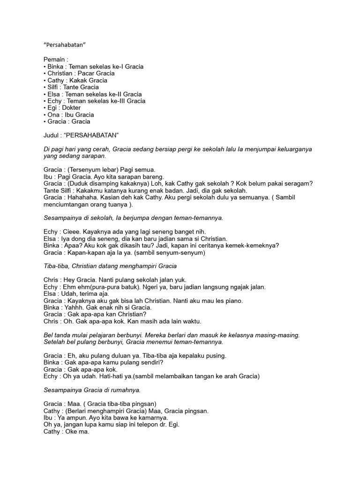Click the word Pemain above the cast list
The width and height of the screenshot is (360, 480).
(55, 60)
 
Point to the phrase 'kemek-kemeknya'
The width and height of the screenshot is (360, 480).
(256, 245)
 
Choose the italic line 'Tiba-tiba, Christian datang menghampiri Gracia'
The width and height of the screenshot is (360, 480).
(110, 266)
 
